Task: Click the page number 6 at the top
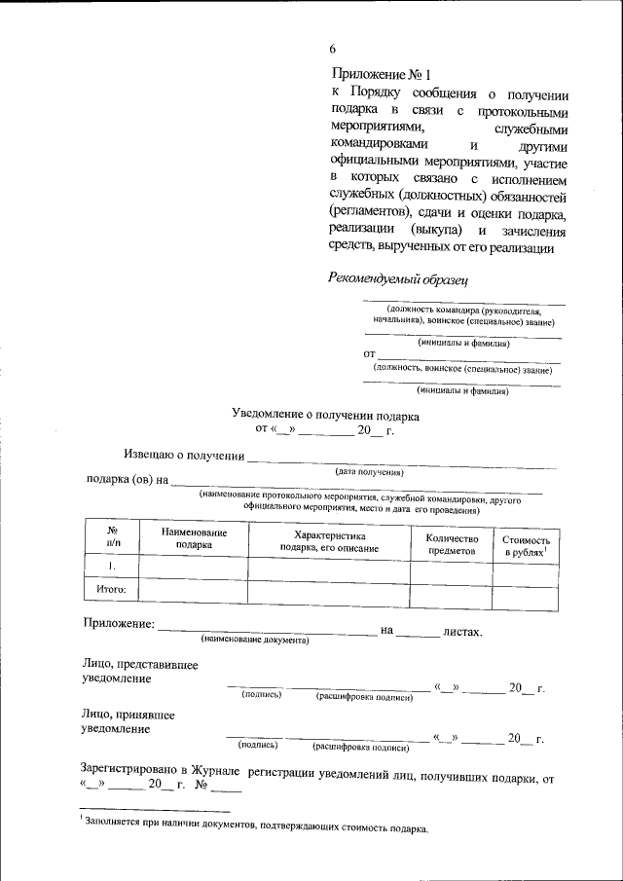click(x=333, y=49)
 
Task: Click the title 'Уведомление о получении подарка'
click(x=325, y=415)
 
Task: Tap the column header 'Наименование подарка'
click(x=195, y=539)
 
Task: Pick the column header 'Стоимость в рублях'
click(x=526, y=545)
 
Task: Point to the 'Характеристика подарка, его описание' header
click(x=328, y=542)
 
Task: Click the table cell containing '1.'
click(x=112, y=566)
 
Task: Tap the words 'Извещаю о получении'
click(x=182, y=455)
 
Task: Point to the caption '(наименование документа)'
click(x=254, y=641)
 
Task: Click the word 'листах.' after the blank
click(x=462, y=632)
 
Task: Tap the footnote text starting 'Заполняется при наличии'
click(x=256, y=828)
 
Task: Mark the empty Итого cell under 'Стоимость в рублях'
click(x=526, y=589)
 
